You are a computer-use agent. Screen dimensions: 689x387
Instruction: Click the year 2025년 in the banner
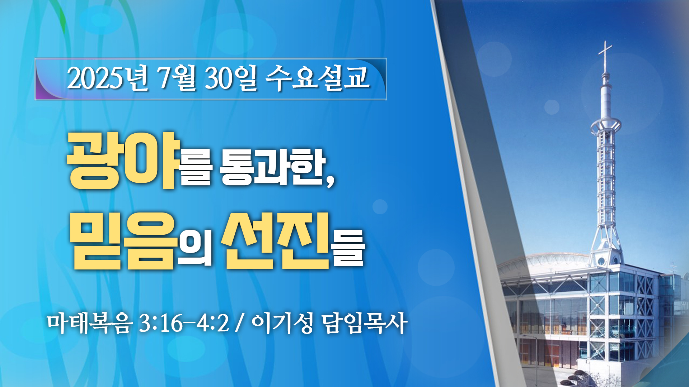coord(108,78)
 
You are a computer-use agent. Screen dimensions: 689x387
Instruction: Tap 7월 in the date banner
coord(177,78)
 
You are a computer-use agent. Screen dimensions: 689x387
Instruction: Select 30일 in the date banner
coord(231,78)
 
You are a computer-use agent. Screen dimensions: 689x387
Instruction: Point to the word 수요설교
coord(318,78)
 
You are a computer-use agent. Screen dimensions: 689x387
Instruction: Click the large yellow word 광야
coord(123,160)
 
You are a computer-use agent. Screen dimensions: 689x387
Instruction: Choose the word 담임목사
coord(365,323)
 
